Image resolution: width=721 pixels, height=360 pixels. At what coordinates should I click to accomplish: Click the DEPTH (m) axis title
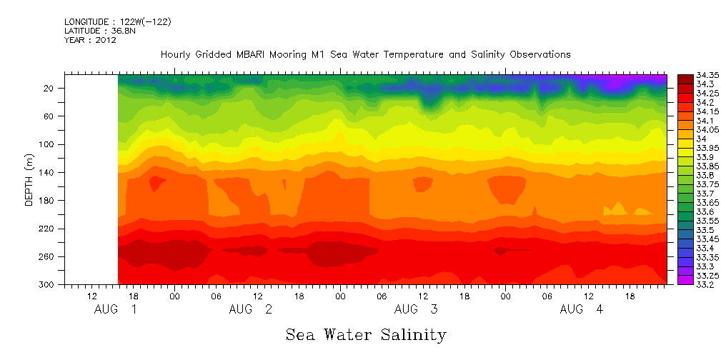coord(29,183)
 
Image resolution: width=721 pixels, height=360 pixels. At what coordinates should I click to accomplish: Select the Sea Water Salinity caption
coord(366,334)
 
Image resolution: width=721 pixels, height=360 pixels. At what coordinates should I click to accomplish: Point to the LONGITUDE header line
coord(117,22)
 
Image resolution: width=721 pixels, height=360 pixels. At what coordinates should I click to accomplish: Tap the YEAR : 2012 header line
coord(90,40)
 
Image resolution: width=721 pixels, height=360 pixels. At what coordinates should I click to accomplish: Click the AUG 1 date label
coord(116,309)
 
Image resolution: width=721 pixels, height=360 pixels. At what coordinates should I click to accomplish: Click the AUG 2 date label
coord(250,309)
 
